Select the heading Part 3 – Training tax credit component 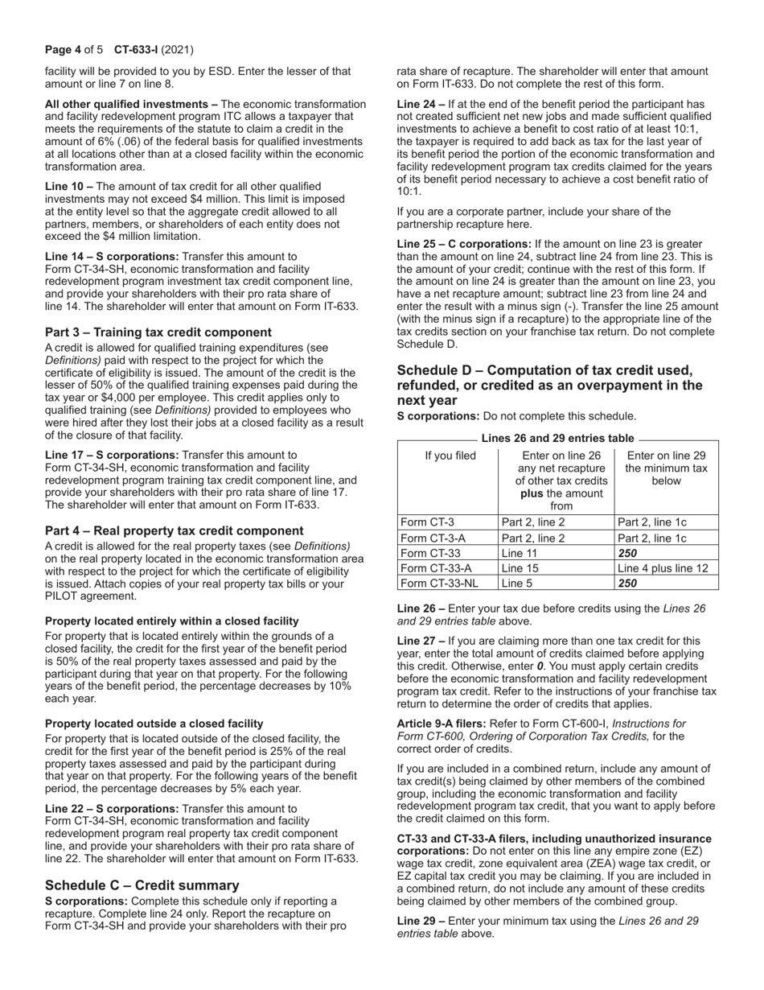[x=158, y=332]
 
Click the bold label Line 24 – [x=421, y=105]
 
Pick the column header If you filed [x=449, y=456]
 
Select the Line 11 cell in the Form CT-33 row [x=519, y=554]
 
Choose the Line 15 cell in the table [x=519, y=569]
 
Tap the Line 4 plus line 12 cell [x=663, y=569]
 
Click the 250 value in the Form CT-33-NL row [x=630, y=584]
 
